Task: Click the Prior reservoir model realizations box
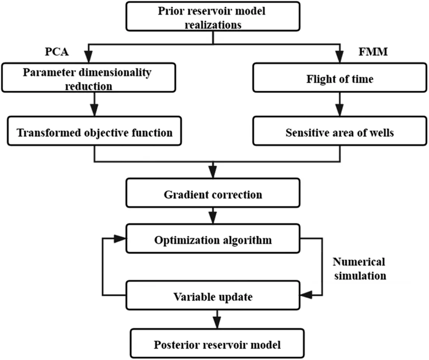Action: tap(213, 17)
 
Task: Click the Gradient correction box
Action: tap(213, 193)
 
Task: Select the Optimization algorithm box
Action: tap(213, 240)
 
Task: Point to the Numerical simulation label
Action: tap(359, 268)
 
